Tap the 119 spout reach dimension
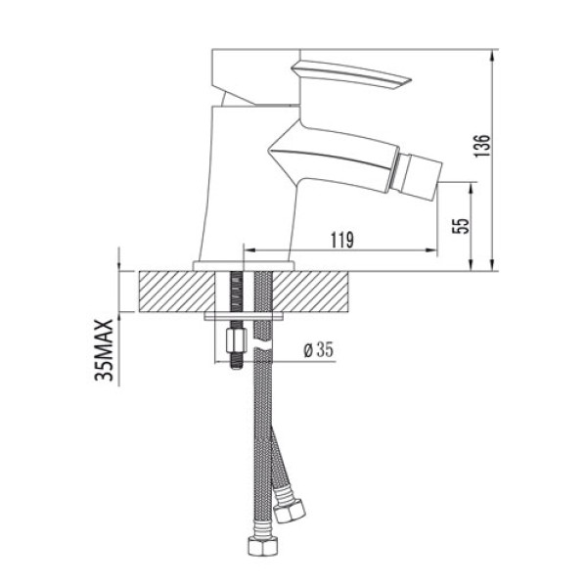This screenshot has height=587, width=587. [x=341, y=238]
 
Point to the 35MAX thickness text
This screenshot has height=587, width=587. [x=109, y=348]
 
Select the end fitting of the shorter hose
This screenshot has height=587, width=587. [x=291, y=512]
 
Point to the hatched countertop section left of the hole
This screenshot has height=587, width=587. [x=177, y=292]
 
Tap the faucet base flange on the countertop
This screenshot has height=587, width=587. [x=244, y=266]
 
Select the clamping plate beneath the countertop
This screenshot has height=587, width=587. [x=244, y=317]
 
